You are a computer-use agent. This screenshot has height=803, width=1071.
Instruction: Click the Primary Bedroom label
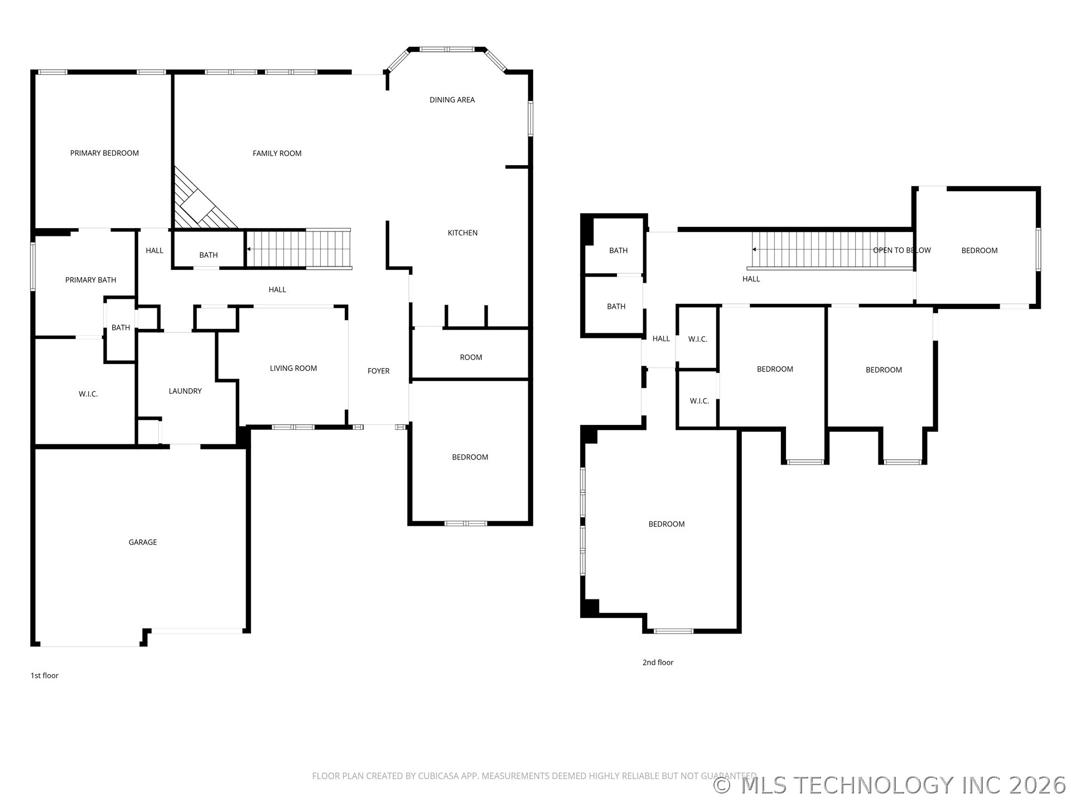pyautogui.click(x=104, y=153)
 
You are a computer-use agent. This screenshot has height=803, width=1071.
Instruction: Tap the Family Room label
pyautogui.click(x=277, y=153)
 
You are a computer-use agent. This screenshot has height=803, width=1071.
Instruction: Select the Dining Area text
pyautogui.click(x=452, y=100)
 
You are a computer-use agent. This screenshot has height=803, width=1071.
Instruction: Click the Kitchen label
pyautogui.click(x=462, y=233)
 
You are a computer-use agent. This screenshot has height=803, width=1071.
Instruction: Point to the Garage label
pyautogui.click(x=143, y=542)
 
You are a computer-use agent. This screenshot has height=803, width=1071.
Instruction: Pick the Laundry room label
pyautogui.click(x=185, y=391)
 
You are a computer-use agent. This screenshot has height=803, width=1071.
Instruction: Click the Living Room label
pyautogui.click(x=293, y=368)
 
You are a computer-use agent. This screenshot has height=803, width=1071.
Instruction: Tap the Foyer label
pyautogui.click(x=378, y=371)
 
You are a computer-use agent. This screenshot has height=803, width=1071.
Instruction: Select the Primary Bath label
pyautogui.click(x=90, y=280)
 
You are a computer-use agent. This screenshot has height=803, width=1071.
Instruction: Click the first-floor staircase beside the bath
pyautogui.click(x=298, y=249)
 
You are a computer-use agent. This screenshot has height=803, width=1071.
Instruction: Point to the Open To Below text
pyautogui.click(x=901, y=250)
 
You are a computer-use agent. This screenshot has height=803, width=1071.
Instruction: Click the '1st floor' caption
pyautogui.click(x=44, y=675)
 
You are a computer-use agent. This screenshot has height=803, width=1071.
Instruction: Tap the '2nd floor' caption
pyautogui.click(x=658, y=662)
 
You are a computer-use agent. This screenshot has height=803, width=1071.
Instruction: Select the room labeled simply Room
pyautogui.click(x=471, y=357)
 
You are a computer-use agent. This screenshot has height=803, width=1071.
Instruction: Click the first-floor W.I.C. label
pyautogui.click(x=88, y=394)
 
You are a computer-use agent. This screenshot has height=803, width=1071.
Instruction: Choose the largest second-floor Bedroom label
pyautogui.click(x=666, y=524)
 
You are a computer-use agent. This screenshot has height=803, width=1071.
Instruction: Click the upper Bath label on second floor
pyautogui.click(x=618, y=250)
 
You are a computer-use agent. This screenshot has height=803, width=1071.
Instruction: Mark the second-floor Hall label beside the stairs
pyautogui.click(x=751, y=279)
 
